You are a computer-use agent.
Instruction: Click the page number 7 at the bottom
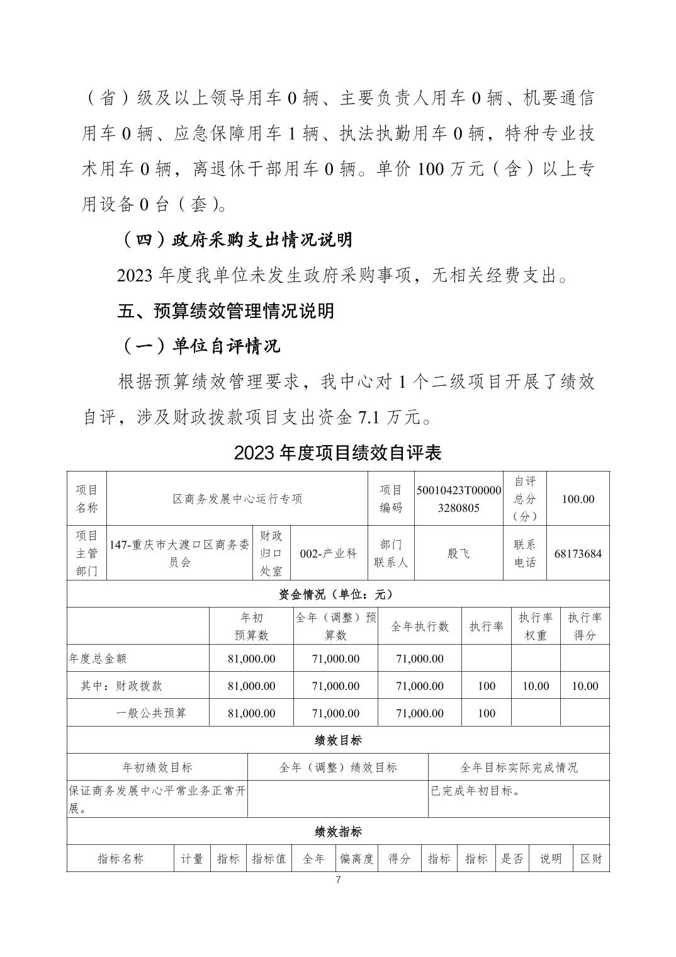tap(339, 880)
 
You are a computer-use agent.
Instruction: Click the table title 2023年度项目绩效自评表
tap(337, 453)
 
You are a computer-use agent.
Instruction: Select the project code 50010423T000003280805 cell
tap(459, 499)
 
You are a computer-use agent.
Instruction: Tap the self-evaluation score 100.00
tap(578, 499)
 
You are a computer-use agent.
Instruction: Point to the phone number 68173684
tap(578, 553)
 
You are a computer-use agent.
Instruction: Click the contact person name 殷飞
tap(459, 553)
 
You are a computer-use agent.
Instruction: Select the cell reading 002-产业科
tap(328, 553)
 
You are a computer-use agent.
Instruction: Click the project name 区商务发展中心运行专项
tap(237, 499)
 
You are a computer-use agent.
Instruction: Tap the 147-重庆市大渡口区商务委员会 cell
tap(179, 553)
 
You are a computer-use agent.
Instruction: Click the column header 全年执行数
tap(420, 626)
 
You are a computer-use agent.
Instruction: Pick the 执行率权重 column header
tap(536, 626)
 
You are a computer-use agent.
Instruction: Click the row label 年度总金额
tap(98, 659)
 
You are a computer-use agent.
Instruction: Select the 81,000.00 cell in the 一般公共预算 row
tap(251, 713)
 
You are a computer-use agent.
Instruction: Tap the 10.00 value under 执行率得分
tap(585, 686)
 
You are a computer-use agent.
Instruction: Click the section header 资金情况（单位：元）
tap(338, 594)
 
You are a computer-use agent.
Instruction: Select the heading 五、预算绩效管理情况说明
tap(226, 310)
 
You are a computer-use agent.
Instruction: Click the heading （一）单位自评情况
tap(200, 346)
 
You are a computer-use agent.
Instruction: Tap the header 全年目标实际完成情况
tap(519, 767)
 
